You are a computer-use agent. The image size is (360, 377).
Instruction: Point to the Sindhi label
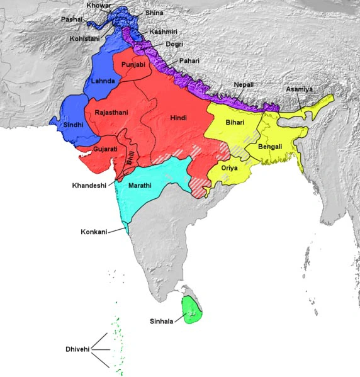[x=73, y=125]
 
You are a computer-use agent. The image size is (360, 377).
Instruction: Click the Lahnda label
[x=103, y=82]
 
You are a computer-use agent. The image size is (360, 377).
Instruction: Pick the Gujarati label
[x=105, y=149]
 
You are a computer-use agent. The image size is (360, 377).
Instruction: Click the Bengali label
[x=270, y=147]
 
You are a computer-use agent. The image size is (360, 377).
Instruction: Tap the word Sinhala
[x=163, y=321]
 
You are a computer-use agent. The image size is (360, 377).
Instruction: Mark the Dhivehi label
[x=78, y=349]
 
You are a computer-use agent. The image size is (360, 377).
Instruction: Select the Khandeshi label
[x=89, y=186]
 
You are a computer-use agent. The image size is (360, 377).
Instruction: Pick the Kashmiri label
[x=162, y=31]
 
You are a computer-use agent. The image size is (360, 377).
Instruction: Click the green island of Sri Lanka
[x=192, y=308]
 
